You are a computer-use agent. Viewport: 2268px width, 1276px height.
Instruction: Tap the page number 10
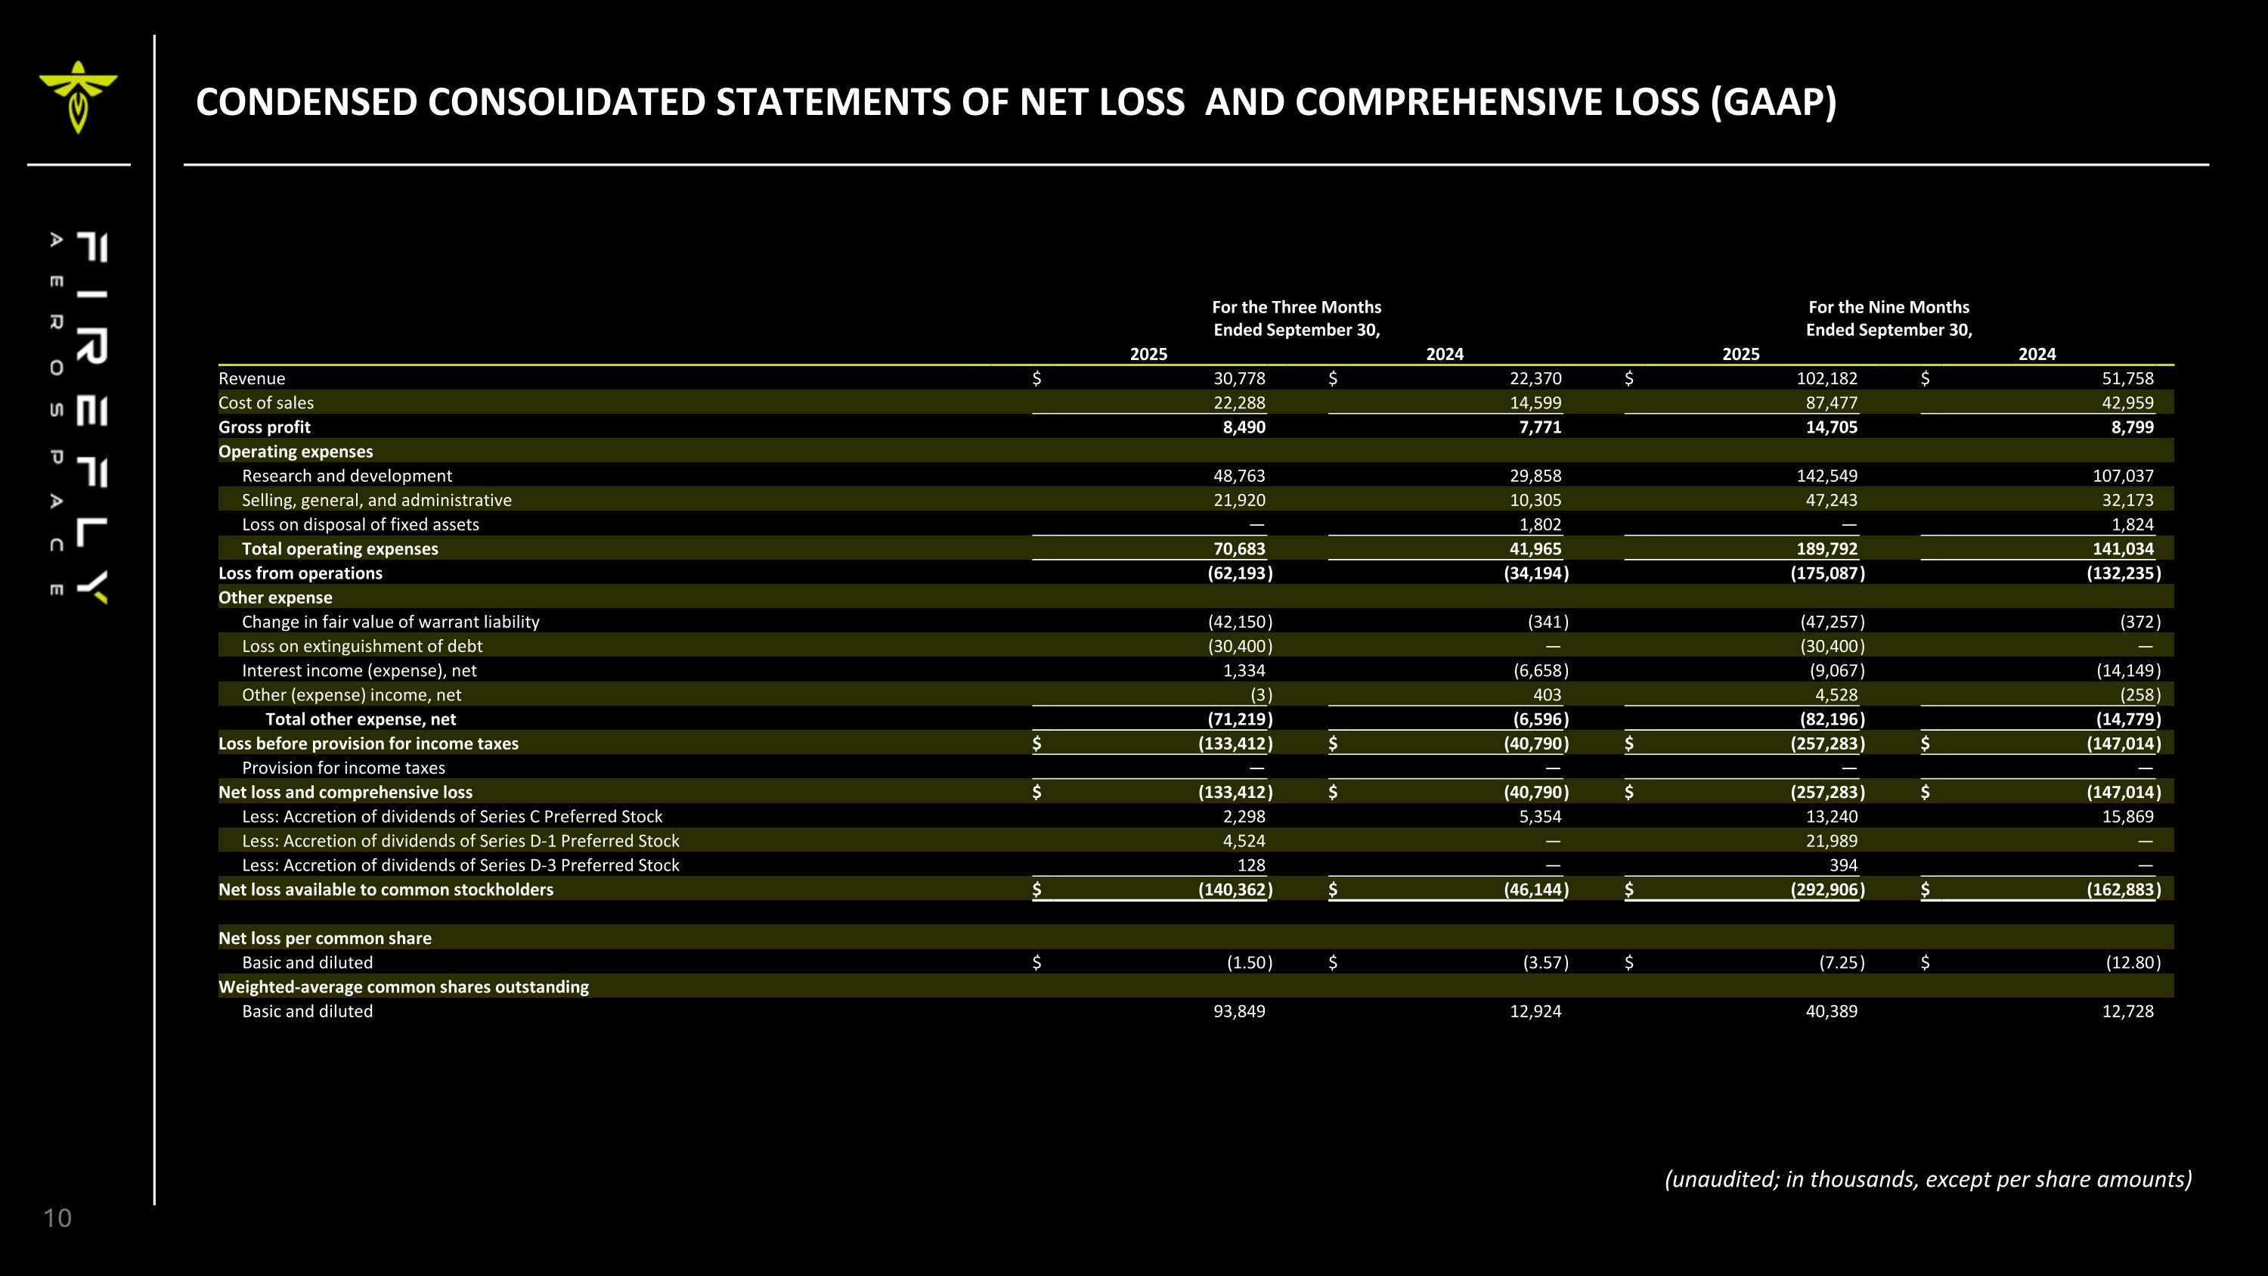(57, 1218)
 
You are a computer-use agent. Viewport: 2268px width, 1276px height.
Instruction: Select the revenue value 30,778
(1239, 379)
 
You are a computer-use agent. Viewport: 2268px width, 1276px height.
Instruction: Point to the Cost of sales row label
(266, 403)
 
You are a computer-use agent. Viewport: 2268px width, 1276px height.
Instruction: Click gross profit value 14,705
(1831, 427)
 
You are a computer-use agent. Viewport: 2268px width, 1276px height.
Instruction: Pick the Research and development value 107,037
(2123, 477)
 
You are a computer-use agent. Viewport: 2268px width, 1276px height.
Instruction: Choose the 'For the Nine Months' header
(1888, 307)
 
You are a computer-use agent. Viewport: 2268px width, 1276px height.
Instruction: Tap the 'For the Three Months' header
(1296, 307)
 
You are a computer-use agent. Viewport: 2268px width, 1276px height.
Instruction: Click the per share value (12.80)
(2133, 963)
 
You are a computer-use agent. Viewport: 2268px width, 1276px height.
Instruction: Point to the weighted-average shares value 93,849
(1239, 1011)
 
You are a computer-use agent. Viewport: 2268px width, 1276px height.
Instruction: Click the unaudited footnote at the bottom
(1927, 1179)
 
